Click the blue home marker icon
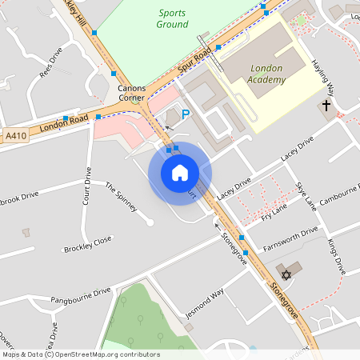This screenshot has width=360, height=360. pos(180,172)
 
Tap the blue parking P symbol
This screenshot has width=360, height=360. pos(186,114)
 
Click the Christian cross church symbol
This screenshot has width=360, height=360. pos(326,106)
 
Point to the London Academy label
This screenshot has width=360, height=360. pos(267,74)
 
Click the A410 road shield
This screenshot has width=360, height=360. pos(15,135)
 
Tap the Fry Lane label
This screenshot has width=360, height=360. pos(274,210)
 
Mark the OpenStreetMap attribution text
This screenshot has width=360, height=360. pos(82,354)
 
